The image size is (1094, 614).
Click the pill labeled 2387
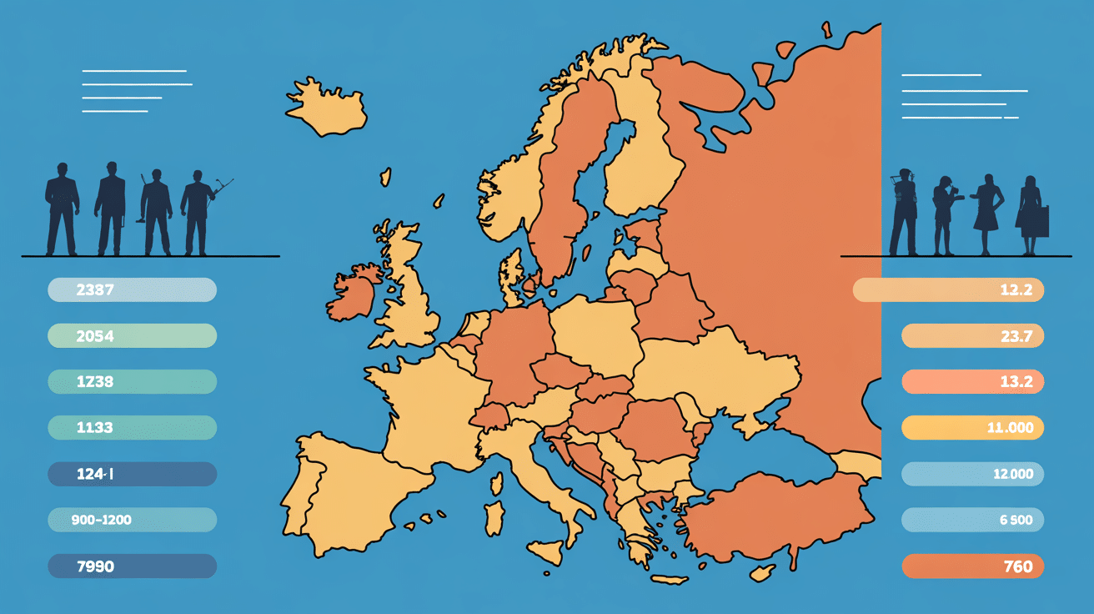[132, 290]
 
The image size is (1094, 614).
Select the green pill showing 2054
[132, 336]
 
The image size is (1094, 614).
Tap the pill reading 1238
[132, 382]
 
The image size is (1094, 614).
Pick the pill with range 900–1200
[132, 520]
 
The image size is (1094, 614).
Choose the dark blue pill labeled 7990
[132, 566]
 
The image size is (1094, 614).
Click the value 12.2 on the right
[948, 290]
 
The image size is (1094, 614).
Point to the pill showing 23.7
[972, 336]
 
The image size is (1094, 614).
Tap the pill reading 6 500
[972, 520]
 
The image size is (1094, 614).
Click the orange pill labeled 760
[972, 566]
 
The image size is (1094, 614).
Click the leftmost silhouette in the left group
[62, 209]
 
